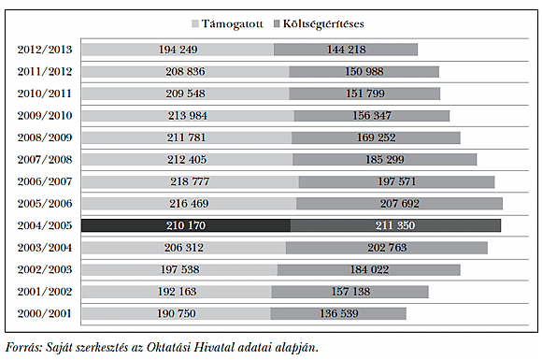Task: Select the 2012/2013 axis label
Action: pos(44,50)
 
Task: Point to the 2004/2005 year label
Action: pos(44,225)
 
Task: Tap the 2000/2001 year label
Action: pos(44,313)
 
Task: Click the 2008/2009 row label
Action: pos(44,137)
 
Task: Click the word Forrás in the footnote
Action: pos(23,347)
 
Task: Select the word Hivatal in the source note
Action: pos(218,347)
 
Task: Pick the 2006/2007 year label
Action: pos(44,181)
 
